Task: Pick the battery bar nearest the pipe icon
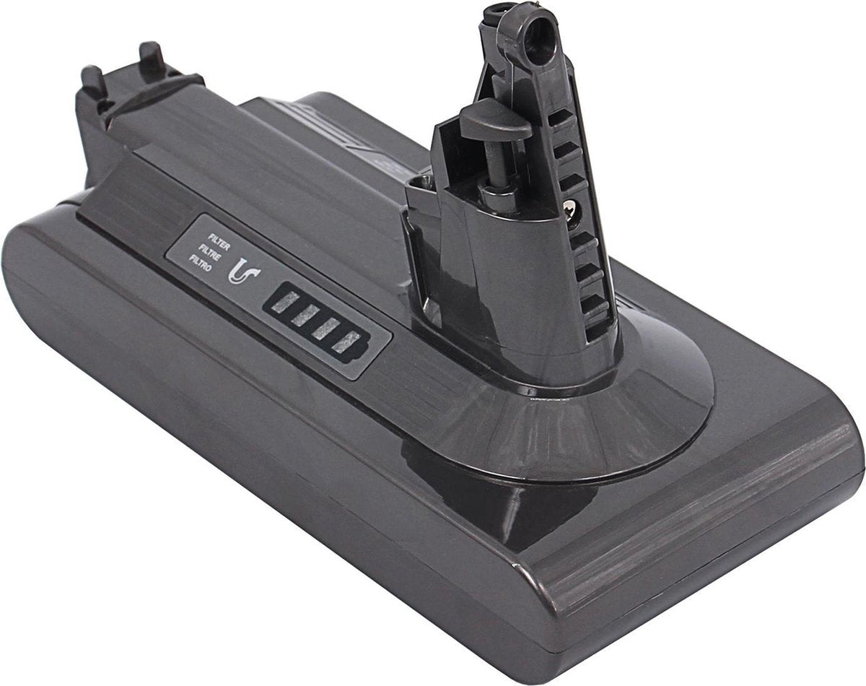click(x=286, y=301)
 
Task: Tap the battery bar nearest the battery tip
click(x=345, y=343)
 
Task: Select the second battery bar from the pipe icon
click(x=305, y=315)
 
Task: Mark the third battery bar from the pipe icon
click(x=325, y=329)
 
